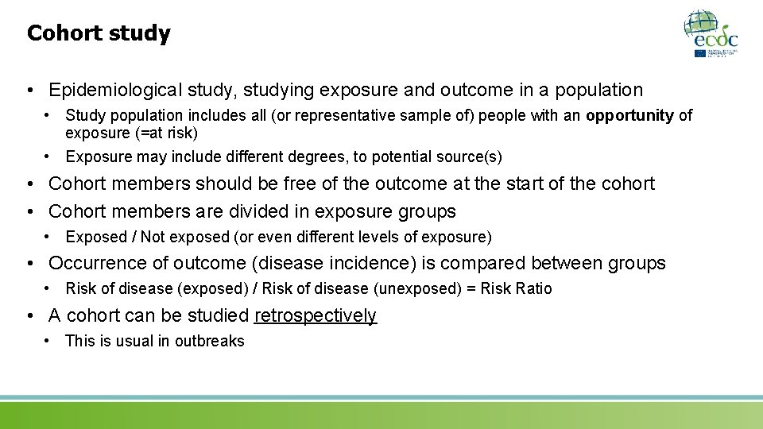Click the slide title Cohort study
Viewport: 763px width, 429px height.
tap(99, 33)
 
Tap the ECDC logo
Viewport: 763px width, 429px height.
tap(711, 33)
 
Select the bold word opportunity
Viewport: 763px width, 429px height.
tap(629, 116)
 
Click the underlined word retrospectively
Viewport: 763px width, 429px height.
tap(315, 315)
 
